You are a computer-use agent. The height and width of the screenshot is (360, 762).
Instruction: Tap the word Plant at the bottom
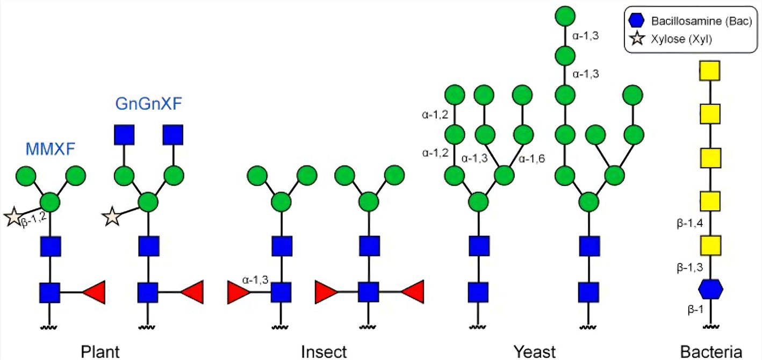pos(100,351)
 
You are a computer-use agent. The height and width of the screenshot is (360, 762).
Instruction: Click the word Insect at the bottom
pos(324,351)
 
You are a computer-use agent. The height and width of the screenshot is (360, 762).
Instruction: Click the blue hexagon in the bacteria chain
pos(710,289)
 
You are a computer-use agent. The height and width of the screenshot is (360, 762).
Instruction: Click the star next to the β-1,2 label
pos(12,218)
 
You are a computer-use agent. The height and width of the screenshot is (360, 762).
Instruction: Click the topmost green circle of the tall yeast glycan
pos(563,15)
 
